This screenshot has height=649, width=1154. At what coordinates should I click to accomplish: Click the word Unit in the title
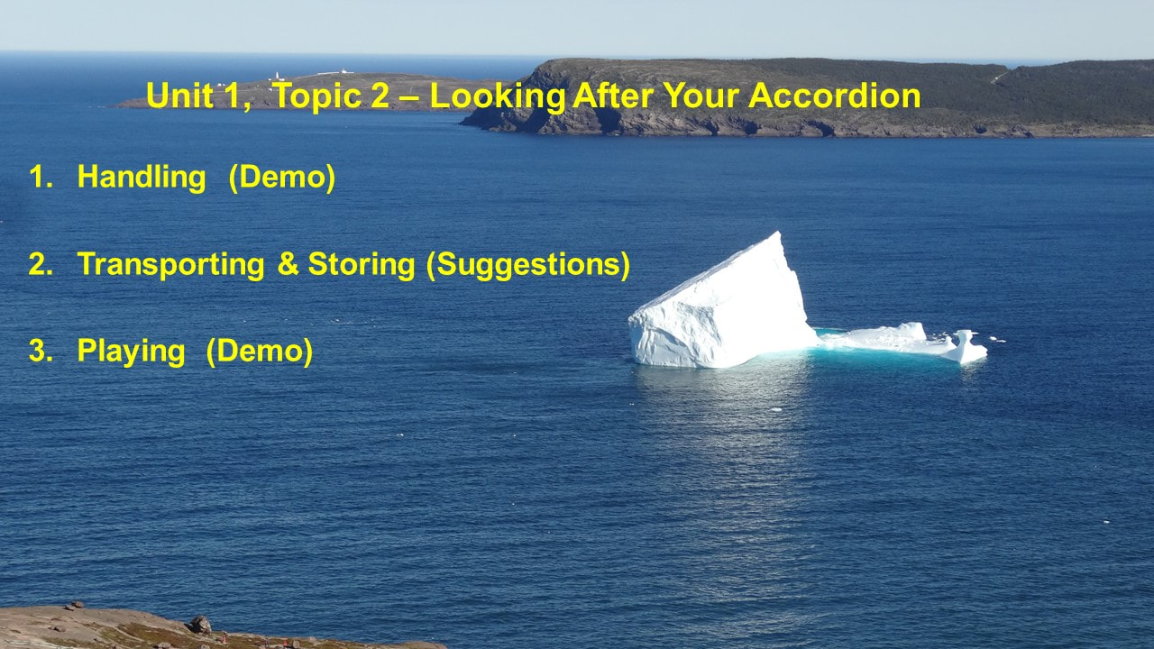[x=179, y=96]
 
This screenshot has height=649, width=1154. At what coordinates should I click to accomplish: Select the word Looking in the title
[x=498, y=96]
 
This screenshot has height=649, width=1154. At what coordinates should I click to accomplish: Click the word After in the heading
[x=613, y=96]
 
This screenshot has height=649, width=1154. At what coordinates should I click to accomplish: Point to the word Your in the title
[x=701, y=96]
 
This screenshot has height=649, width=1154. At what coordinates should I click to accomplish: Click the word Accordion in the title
[x=835, y=96]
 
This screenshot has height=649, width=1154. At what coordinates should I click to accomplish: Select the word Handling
[x=142, y=178]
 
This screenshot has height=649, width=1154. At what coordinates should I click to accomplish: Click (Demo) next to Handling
[x=282, y=178]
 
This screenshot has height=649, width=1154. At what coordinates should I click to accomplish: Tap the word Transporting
[x=171, y=265]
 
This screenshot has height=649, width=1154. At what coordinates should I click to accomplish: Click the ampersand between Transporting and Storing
[x=288, y=264]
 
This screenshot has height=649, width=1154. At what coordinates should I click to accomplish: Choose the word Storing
[x=362, y=265]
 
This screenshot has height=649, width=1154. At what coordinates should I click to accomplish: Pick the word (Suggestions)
[x=528, y=265]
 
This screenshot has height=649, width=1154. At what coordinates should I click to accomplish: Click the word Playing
[x=132, y=352]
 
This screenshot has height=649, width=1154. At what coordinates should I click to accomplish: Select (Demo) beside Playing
[x=259, y=352]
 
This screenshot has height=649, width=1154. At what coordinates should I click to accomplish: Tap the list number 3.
[x=41, y=351]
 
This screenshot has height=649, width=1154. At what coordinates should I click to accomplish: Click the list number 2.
[x=41, y=264]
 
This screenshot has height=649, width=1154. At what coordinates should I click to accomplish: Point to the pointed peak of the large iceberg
[x=778, y=233]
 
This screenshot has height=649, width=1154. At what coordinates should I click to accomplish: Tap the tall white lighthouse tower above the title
[x=277, y=77]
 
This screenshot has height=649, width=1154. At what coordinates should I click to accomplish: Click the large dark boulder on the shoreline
[x=201, y=625]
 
